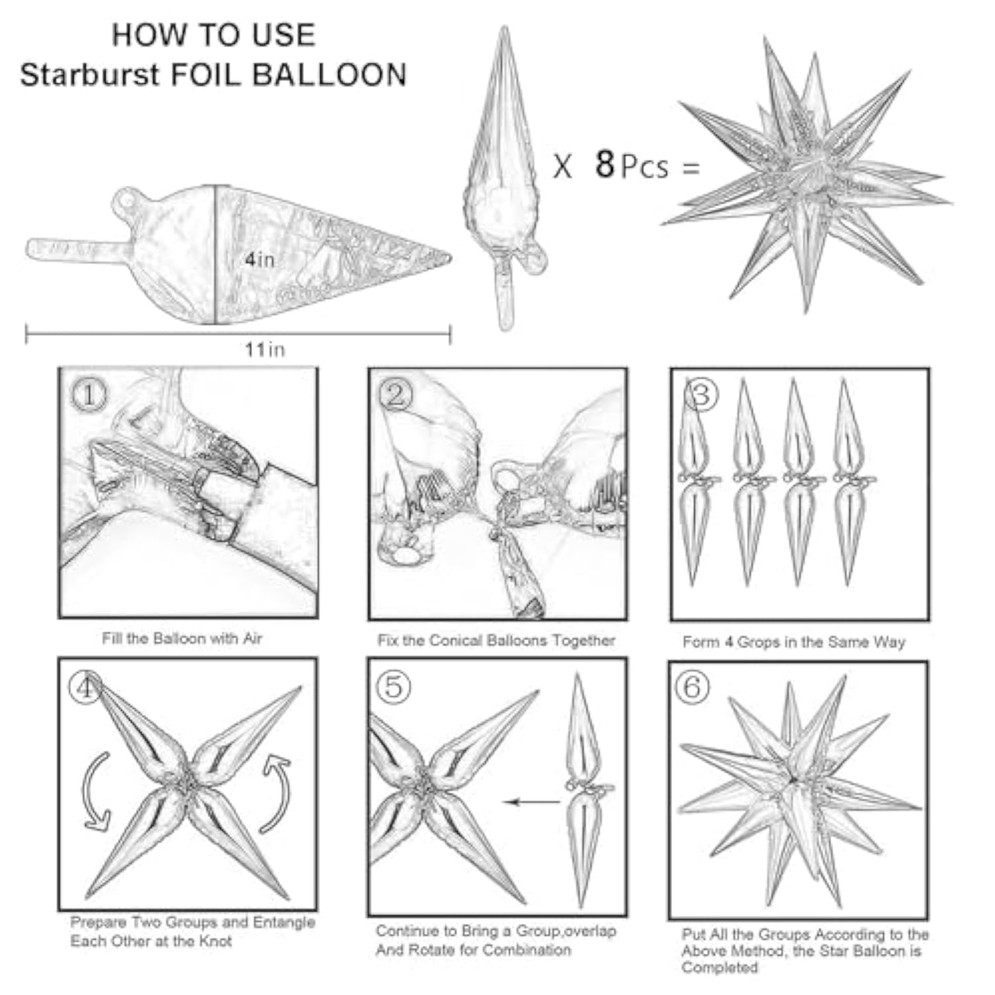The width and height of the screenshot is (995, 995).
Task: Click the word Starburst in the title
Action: pos(90,75)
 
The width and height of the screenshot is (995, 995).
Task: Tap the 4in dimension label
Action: pos(259,259)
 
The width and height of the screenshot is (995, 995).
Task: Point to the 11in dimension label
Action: pos(265,349)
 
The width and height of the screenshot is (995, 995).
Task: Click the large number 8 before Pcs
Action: pos(604,164)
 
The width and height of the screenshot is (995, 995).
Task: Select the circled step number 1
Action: pos(88,395)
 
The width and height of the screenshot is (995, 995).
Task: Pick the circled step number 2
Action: pos(395,395)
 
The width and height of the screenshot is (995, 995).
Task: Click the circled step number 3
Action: pos(701,395)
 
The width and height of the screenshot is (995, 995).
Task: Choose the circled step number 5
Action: pos(393,687)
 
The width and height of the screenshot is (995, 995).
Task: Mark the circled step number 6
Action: pos(692,687)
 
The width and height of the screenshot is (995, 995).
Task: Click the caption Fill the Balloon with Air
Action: pos(182,638)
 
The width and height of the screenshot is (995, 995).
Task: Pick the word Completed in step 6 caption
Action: pos(719,967)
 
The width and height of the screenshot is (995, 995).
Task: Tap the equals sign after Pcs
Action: pos(691,168)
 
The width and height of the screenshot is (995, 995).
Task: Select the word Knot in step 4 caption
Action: pos(217,941)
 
